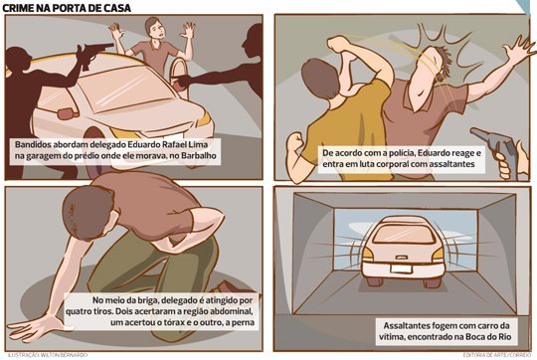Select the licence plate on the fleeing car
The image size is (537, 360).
[401, 268]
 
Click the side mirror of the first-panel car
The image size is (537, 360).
[68, 113]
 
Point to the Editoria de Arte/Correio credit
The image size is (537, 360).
[495, 355]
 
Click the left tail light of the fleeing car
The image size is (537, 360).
[367, 254]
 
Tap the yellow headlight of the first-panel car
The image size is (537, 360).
[205, 119]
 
